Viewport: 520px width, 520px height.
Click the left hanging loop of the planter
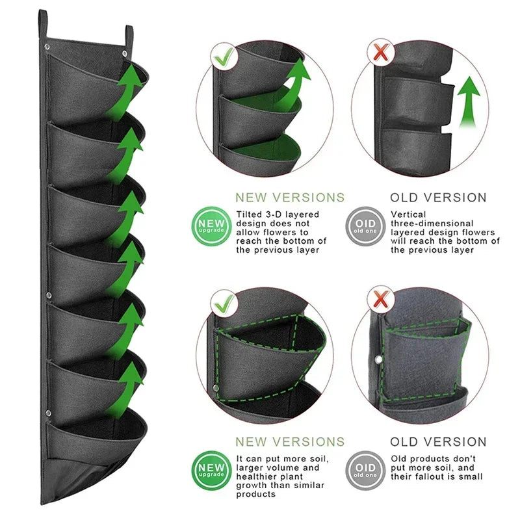[43, 24]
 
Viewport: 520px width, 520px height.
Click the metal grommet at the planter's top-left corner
[47, 47]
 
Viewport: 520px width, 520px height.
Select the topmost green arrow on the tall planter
[126, 90]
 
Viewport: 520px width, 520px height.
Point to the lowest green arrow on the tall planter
[127, 389]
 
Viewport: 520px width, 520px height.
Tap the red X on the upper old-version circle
[381, 53]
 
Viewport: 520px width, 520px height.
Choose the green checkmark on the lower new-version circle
[224, 304]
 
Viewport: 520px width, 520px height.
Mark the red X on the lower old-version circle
[381, 298]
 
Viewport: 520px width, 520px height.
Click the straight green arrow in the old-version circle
[469, 102]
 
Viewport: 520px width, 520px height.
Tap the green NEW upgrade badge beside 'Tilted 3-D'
[211, 226]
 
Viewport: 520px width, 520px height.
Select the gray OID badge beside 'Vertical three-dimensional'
[365, 226]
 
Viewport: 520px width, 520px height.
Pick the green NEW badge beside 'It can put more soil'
[211, 470]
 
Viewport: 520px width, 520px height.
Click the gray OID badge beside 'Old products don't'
[365, 470]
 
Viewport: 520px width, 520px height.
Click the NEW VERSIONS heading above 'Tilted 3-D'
[290, 198]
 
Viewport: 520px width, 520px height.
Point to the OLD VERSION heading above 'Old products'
[438, 442]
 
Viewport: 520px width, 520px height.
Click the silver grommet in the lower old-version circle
[378, 359]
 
